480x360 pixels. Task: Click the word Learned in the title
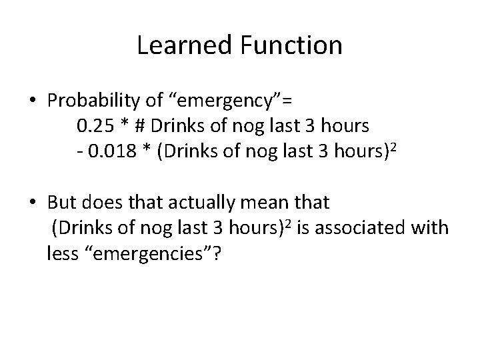point(178,45)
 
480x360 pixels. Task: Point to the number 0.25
point(94,125)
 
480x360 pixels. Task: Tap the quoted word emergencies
point(149,255)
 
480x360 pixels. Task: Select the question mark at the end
point(217,255)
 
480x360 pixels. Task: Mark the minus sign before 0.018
point(79,151)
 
